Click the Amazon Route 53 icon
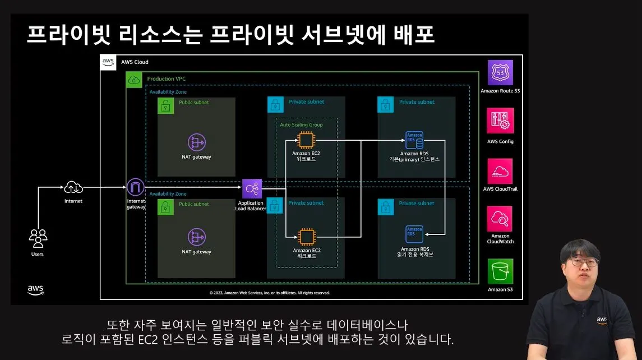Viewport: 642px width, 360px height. pyautogui.click(x=500, y=72)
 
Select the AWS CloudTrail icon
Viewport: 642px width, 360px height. pyautogui.click(x=500, y=171)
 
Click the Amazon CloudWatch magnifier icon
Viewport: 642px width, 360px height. pyautogui.click(x=500, y=219)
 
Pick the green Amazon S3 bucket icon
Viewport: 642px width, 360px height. pyautogui.click(x=500, y=271)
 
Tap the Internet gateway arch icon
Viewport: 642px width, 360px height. pyautogui.click(x=136, y=187)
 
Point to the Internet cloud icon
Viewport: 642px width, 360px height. pyautogui.click(x=73, y=188)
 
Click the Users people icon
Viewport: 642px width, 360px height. pyautogui.click(x=38, y=238)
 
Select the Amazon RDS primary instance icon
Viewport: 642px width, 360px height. pyautogui.click(x=414, y=140)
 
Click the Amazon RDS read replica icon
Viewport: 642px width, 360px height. pyautogui.click(x=414, y=234)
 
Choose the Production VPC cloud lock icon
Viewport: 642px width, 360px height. pyautogui.click(x=134, y=80)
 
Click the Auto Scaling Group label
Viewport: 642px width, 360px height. pyautogui.click(x=301, y=124)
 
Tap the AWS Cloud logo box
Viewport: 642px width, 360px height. pyautogui.click(x=108, y=62)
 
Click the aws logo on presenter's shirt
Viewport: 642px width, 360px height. pyautogui.click(x=602, y=320)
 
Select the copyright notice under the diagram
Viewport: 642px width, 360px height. pyautogui.click(x=270, y=293)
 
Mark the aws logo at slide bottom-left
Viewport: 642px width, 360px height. pyautogui.click(x=35, y=289)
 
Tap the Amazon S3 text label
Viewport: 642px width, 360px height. pyautogui.click(x=500, y=289)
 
